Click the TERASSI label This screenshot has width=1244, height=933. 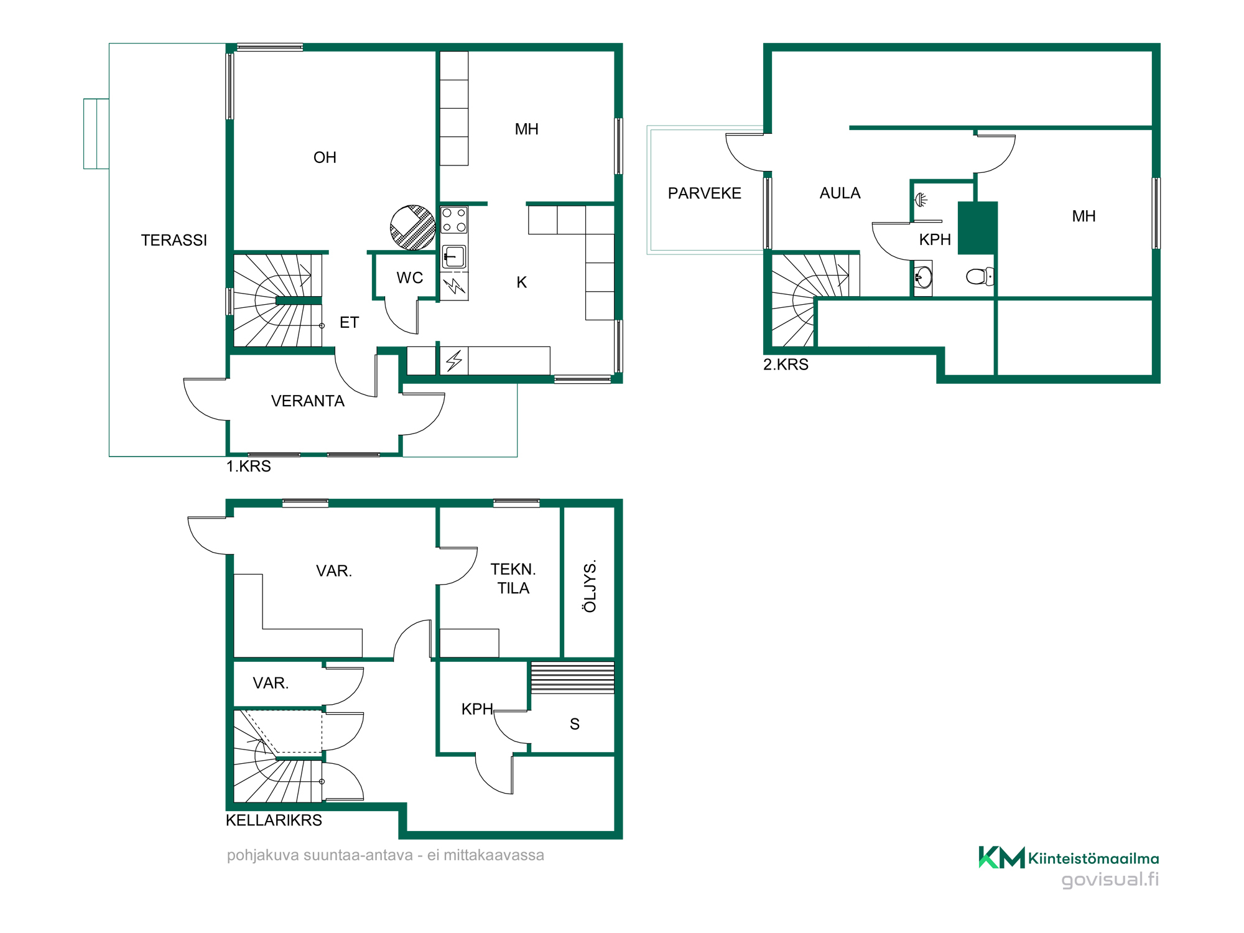pyautogui.click(x=174, y=240)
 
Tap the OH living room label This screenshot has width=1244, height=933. pyautogui.click(x=325, y=157)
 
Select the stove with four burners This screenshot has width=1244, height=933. pyautogui.click(x=454, y=220)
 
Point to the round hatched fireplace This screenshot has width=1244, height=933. pyautogui.click(x=412, y=228)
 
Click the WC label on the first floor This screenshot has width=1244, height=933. pyautogui.click(x=410, y=278)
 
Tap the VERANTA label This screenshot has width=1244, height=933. pyautogui.click(x=308, y=401)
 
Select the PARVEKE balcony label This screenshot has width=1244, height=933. pyautogui.click(x=705, y=193)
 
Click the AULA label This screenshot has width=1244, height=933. pyautogui.click(x=840, y=193)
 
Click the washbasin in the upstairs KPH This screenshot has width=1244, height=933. pyautogui.click(x=923, y=277)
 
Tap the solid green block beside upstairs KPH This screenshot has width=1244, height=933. pyautogui.click(x=978, y=228)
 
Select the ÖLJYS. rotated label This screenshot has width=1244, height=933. pyautogui.click(x=590, y=586)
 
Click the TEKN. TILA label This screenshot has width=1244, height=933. pyautogui.click(x=513, y=578)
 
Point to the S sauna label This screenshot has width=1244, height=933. pyautogui.click(x=575, y=724)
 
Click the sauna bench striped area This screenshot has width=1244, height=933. pyautogui.click(x=572, y=678)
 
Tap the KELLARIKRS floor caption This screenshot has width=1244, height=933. pyautogui.click(x=274, y=820)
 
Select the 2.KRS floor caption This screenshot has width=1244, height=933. pyautogui.click(x=786, y=364)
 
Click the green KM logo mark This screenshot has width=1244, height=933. pyautogui.click(x=1001, y=857)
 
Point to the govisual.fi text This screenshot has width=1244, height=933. pyautogui.click(x=1110, y=880)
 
